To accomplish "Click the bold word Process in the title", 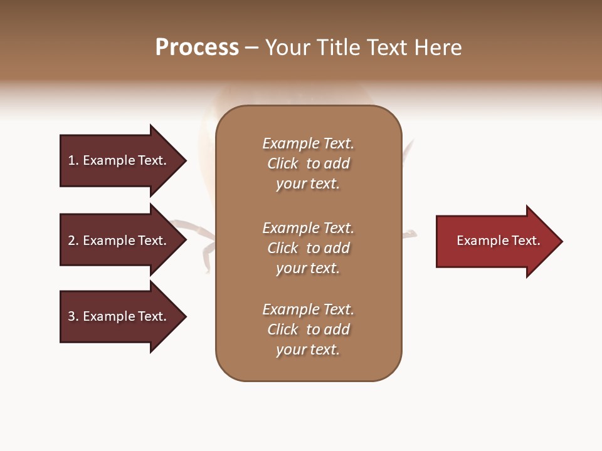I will [197, 48].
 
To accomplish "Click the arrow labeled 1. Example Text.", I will [119, 160].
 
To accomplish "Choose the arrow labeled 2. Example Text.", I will [119, 241].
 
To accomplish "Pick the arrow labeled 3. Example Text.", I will [119, 316].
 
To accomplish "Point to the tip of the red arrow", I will [560, 241].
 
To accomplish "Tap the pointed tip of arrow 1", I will [184, 160].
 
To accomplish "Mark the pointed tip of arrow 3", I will [184, 316].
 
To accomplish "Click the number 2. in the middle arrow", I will [73, 241].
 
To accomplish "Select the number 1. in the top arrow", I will [73, 160].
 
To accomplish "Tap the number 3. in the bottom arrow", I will [73, 316].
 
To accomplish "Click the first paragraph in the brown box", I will [308, 163].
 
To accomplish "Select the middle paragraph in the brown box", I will [308, 248].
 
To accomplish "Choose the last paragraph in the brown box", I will [308, 329].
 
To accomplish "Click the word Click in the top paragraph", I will [283, 163].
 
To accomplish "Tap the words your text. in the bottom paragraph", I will [308, 350].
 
